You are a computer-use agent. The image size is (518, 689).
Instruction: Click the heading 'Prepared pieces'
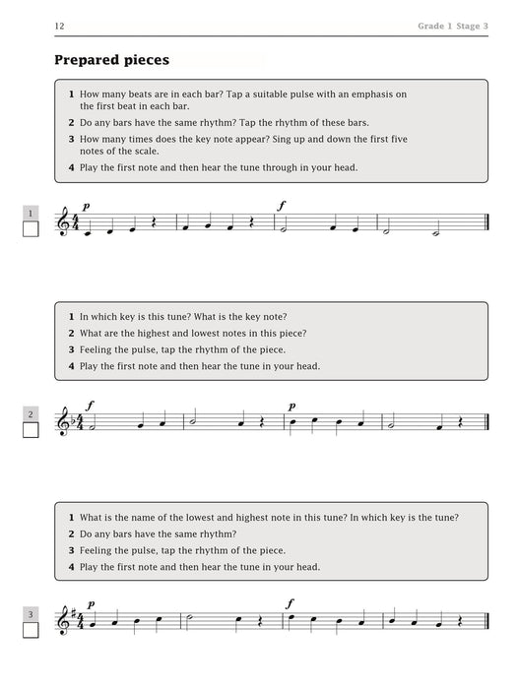(x=111, y=60)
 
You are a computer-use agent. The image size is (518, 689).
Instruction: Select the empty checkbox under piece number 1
(x=31, y=229)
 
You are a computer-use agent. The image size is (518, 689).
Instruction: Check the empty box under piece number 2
(x=31, y=430)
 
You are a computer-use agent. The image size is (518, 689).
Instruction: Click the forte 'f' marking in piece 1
(x=283, y=206)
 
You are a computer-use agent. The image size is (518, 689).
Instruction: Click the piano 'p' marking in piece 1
(x=86, y=206)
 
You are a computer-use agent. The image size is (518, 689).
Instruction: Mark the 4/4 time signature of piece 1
(x=80, y=224)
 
